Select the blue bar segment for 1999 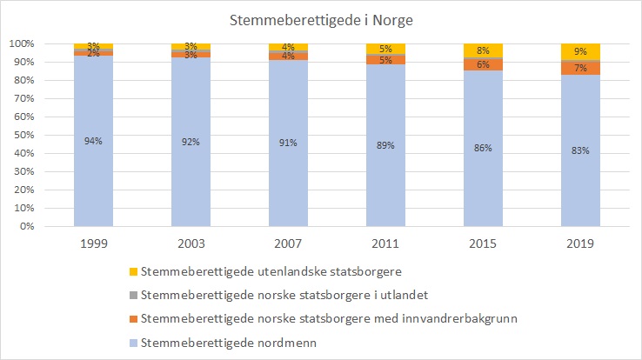(93, 174)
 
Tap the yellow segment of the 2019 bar (580, 51)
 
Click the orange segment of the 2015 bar (483, 65)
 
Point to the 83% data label (580, 150)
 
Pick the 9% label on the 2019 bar (580, 51)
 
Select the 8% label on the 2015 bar (483, 50)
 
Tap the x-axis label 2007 (288, 244)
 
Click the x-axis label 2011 (385, 244)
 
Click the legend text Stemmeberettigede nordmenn (227, 343)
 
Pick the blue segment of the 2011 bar (385, 174)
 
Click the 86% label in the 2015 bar (483, 148)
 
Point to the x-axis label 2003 (191, 244)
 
